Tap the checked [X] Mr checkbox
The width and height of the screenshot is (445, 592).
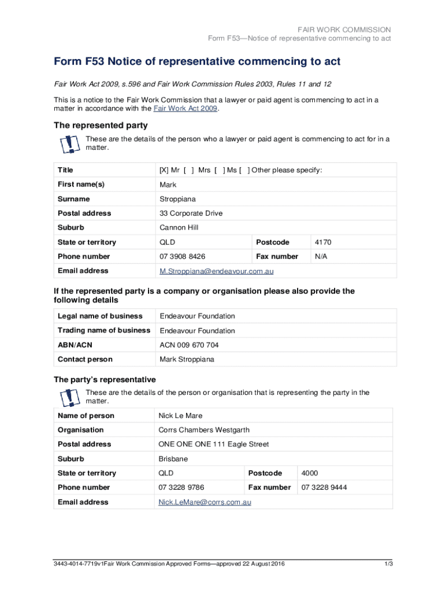[x=164, y=170]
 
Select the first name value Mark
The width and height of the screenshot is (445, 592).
[x=168, y=184]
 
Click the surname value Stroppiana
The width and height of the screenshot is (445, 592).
[x=177, y=199]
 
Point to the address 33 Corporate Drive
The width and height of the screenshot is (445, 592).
[x=191, y=213]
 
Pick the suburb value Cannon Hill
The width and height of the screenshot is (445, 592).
[x=179, y=228]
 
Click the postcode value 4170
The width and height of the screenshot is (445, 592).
[x=323, y=242]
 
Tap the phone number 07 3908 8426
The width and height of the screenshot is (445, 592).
[x=182, y=256]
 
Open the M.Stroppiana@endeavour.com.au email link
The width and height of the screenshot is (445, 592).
[x=216, y=271]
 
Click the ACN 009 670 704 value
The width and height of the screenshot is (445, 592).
[x=189, y=345]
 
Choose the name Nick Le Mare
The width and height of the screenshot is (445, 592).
[x=180, y=416]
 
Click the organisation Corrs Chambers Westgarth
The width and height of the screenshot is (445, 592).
[x=202, y=430]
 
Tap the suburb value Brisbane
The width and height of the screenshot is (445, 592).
[x=173, y=459]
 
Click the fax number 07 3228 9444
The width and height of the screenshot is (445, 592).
[x=324, y=487]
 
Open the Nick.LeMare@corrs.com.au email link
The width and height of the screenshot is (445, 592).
[x=205, y=502]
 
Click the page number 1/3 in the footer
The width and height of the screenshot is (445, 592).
[x=388, y=564]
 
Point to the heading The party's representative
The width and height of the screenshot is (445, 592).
[x=105, y=380]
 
